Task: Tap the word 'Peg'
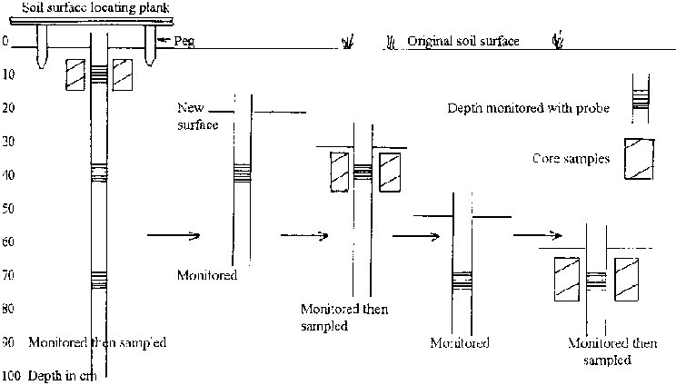click(x=182, y=41)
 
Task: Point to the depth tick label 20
click(x=7, y=108)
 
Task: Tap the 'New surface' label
click(x=198, y=116)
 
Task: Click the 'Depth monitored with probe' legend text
click(x=528, y=108)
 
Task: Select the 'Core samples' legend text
click(x=571, y=159)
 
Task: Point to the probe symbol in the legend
click(x=641, y=98)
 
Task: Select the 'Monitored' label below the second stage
click(x=208, y=274)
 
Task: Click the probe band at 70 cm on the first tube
click(x=99, y=280)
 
